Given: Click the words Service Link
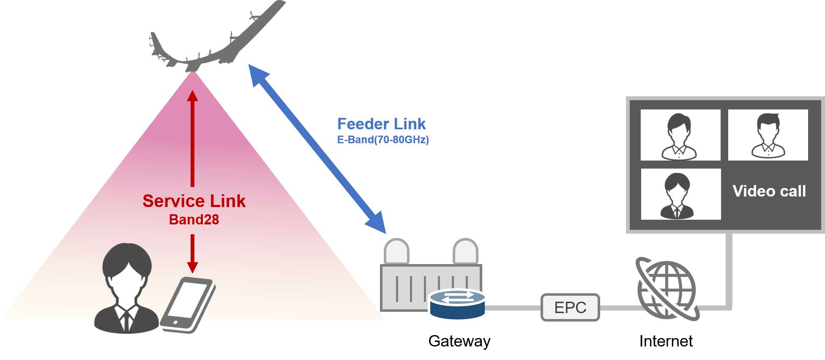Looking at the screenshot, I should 194,201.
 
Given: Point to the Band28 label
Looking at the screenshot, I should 194,220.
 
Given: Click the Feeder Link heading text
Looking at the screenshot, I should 381,124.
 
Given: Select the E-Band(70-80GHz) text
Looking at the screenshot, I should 383,140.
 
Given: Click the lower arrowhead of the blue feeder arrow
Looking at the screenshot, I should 377,224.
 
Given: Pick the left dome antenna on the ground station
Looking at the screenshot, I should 396,251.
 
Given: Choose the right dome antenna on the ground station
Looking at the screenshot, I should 465,251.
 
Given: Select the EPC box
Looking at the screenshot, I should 570,307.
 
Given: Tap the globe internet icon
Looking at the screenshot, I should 667,289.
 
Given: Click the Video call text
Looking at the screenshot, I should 769,191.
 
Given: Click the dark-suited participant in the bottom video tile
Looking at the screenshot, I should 677,195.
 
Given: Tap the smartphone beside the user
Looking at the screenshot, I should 188,303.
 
